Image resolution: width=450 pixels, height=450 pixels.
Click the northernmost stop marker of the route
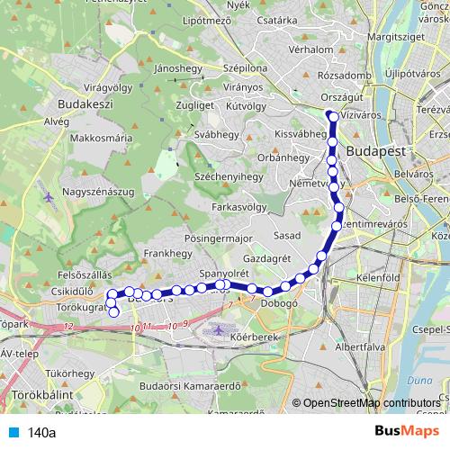point(331,115)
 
